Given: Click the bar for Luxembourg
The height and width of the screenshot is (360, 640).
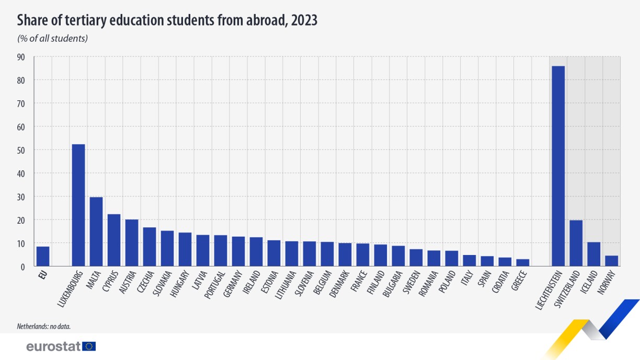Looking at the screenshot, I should coord(78,205).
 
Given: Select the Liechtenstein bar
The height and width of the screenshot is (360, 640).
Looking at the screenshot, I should coord(558,166).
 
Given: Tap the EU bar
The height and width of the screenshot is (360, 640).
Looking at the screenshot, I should coord(43,257).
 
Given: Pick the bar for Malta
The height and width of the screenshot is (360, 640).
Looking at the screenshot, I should coord(96,231).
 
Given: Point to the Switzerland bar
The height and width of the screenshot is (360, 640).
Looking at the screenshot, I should coord(576,243).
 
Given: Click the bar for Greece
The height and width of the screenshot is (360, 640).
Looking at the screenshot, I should coord(522,263).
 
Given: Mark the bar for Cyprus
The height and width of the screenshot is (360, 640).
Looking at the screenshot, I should coord(114,240).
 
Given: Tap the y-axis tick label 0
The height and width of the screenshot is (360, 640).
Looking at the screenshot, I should coord(22,266).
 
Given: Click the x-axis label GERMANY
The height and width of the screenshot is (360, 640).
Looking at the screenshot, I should coord(234,285).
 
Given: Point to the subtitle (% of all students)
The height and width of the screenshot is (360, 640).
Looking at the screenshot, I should coord(52,38).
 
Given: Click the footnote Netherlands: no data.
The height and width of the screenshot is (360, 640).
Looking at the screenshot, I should coord(43,327).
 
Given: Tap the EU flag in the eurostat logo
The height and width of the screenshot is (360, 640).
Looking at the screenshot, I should coord(89,346).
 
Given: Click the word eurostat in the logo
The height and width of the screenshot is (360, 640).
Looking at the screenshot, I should coord(53,346).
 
